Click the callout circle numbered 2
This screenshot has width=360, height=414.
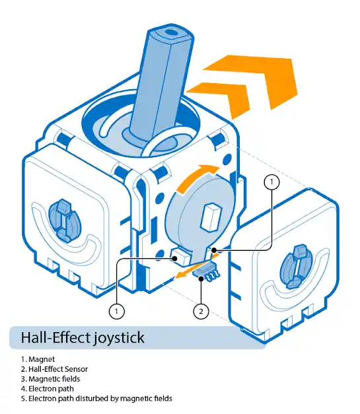tap(201, 311)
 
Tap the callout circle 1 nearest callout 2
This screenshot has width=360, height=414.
tap(116, 311)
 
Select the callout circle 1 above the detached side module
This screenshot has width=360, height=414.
tap(271, 182)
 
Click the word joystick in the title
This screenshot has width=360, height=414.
tap(119, 338)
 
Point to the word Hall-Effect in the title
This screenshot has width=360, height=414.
tap(55, 337)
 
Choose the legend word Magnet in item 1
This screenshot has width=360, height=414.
tap(42, 359)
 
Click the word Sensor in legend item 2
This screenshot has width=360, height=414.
tap(76, 369)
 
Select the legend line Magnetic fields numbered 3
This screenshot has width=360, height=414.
tap(50, 379)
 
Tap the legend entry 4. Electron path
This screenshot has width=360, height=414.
tap(48, 389)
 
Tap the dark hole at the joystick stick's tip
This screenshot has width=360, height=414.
tap(172, 33)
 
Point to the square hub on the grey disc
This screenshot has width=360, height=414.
tap(211, 217)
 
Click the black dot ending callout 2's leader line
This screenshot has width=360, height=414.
tap(201, 278)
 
